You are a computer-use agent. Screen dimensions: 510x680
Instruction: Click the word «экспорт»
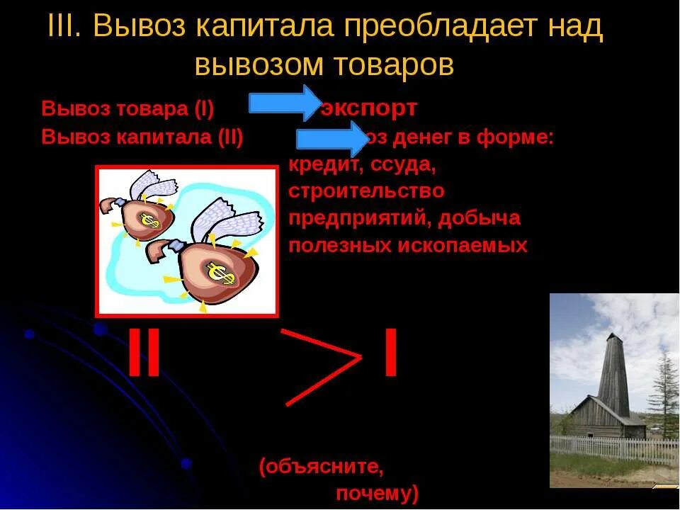tap(368, 108)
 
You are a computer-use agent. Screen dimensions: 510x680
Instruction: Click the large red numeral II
tap(144, 353)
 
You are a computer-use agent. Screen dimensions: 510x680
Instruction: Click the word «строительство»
tap(366, 191)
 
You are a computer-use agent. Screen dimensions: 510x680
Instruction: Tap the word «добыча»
tap(479, 218)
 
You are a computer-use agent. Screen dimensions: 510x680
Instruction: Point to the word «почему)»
tap(376, 492)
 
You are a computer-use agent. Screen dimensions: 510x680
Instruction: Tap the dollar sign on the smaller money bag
tap(149, 220)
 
